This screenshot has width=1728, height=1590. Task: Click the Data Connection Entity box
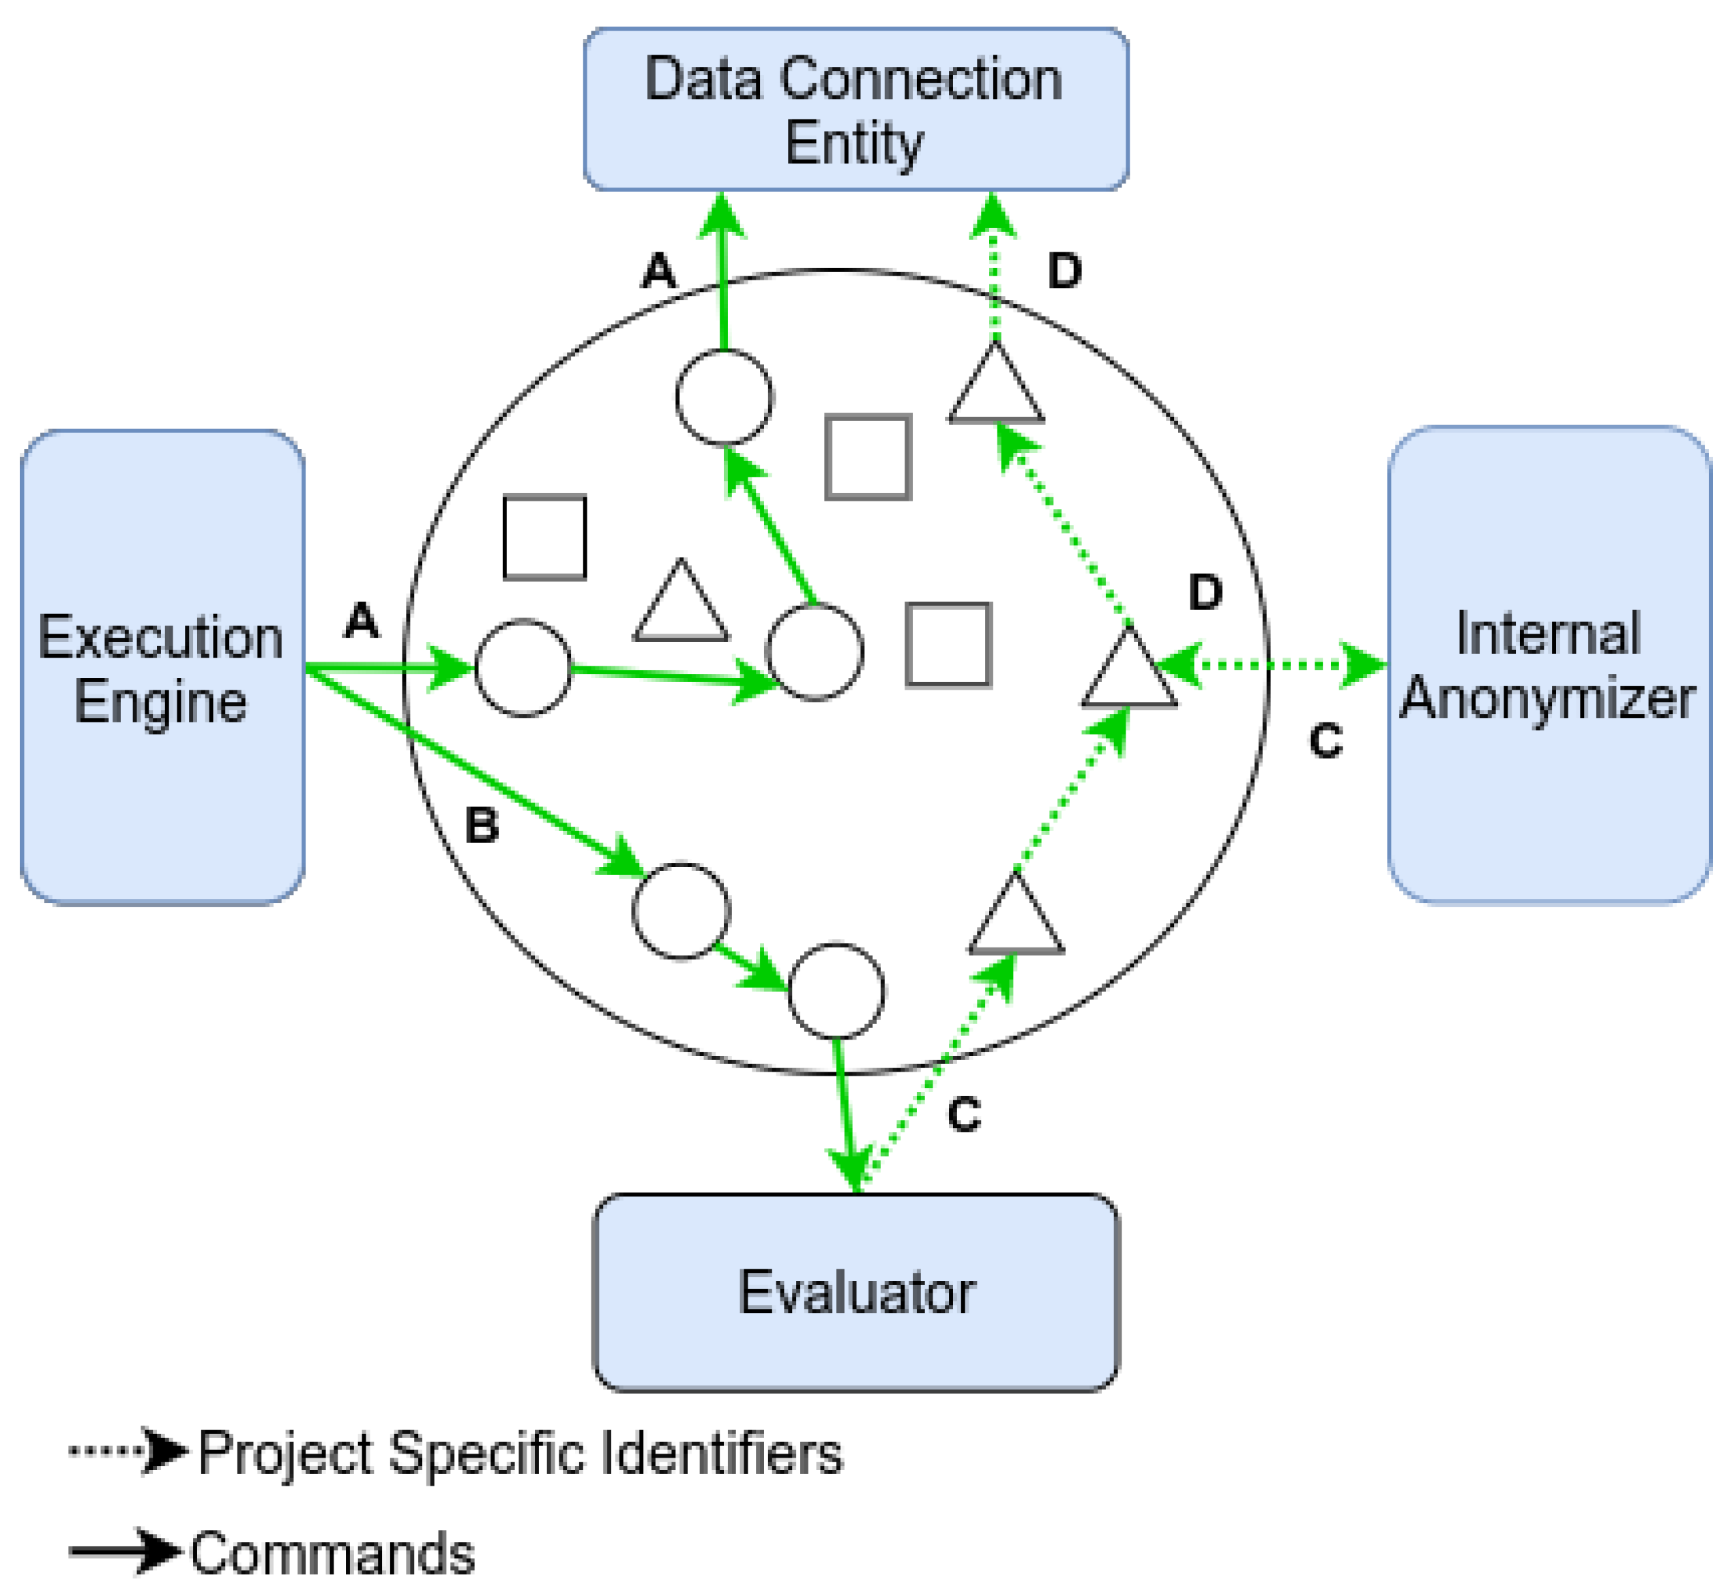click(x=855, y=109)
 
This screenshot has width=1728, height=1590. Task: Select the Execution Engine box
click(x=162, y=668)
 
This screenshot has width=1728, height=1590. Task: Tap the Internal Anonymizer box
click(x=1548, y=665)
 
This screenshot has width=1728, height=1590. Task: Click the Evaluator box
click(x=855, y=1293)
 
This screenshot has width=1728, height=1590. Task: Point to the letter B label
click(x=482, y=826)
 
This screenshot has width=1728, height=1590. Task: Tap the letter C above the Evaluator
click(x=964, y=1115)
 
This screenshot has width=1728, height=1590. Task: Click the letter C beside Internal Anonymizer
click(x=1326, y=741)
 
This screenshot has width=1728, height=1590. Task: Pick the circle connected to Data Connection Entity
click(x=724, y=396)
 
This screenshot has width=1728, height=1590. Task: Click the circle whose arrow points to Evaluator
click(x=836, y=991)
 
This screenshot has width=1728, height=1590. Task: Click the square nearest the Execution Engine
click(x=545, y=538)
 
